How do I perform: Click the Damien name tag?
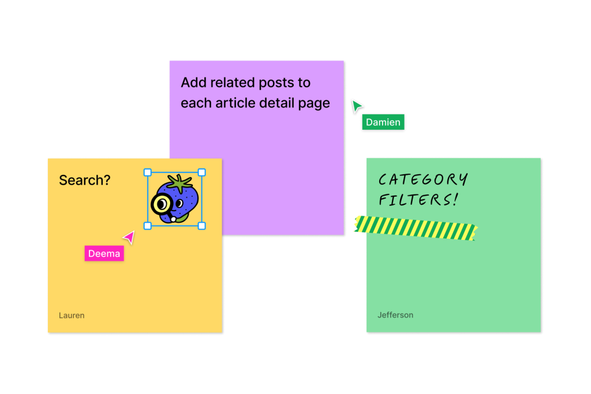pyautogui.click(x=383, y=122)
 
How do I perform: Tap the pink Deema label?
pyautogui.click(x=104, y=253)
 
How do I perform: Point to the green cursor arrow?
pyautogui.click(x=356, y=106)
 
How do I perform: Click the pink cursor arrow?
pyautogui.click(x=129, y=237)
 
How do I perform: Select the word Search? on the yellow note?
pyautogui.click(x=85, y=181)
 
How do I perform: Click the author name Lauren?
pyautogui.click(x=72, y=316)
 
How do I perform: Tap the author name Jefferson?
pyautogui.click(x=395, y=315)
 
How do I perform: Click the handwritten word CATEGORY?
pyautogui.click(x=423, y=179)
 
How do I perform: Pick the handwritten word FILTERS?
pyautogui.click(x=418, y=200)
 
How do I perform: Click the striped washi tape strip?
pyautogui.click(x=416, y=228)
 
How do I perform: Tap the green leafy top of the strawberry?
pyautogui.click(x=180, y=183)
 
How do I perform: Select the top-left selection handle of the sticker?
pyautogui.click(x=148, y=172)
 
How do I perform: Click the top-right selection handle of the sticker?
pyautogui.click(x=201, y=172)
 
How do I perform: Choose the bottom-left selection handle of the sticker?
pyautogui.click(x=148, y=226)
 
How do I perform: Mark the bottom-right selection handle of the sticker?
pyautogui.click(x=201, y=226)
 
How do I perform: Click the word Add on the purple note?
pyautogui.click(x=193, y=82)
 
